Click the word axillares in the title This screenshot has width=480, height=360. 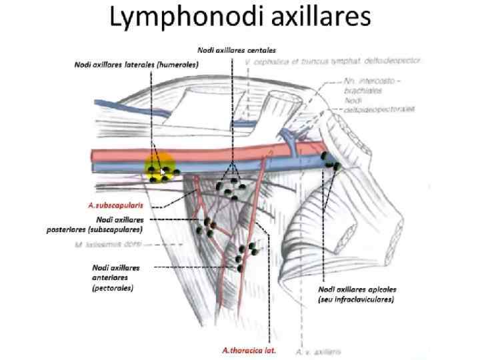tap(319, 18)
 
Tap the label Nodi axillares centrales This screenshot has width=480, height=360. tap(237, 50)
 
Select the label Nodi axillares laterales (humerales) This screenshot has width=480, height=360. tap(137, 64)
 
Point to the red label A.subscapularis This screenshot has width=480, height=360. tap(115, 206)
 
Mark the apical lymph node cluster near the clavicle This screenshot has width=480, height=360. tap(331, 161)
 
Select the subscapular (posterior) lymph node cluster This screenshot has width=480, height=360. tap(207, 227)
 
